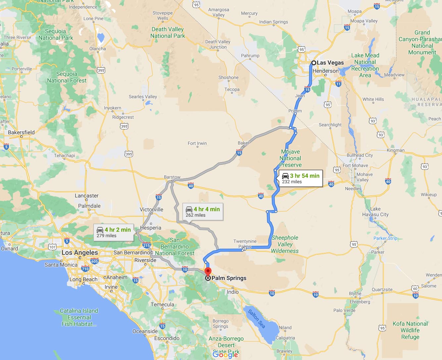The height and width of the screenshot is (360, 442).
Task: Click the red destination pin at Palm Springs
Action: (208, 272)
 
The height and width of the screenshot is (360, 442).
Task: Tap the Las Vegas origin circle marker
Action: (314, 63)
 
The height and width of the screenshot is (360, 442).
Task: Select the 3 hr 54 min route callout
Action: (301, 178)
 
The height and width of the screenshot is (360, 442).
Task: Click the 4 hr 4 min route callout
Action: (203, 212)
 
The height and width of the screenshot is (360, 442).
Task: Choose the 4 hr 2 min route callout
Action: (114, 232)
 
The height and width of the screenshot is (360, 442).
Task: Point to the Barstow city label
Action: (172, 177)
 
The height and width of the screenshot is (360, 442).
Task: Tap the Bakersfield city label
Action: (21, 132)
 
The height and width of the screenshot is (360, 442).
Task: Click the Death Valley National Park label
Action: (168, 32)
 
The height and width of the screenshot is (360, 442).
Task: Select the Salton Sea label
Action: (257, 318)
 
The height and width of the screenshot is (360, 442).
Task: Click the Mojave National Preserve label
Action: (290, 158)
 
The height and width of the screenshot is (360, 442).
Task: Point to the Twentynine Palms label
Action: (245, 244)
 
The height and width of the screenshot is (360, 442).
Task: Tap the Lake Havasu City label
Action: (375, 212)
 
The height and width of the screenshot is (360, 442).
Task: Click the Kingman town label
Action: (395, 150)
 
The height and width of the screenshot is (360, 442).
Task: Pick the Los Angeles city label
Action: (80, 252)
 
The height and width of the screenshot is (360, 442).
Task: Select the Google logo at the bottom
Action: (225, 354)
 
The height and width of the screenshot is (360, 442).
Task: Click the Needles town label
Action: (353, 189)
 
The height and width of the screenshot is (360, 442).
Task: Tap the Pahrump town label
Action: (250, 56)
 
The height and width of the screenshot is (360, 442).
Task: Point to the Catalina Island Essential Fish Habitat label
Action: (79, 317)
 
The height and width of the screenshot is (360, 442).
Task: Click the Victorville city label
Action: (151, 209)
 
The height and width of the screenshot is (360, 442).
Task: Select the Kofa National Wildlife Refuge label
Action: (410, 330)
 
